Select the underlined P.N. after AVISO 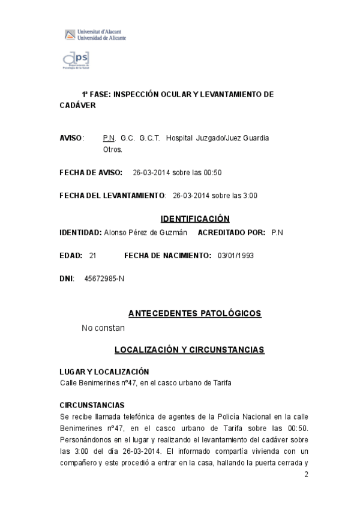[109, 138]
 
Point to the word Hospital [179, 138]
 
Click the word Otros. [113, 149]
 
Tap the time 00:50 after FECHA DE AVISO [212, 173]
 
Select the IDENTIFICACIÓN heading [195, 218]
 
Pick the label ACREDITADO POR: [231, 232]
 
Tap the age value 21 [92, 255]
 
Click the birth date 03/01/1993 [236, 255]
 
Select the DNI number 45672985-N [104, 279]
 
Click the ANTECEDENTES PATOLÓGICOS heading [195, 313]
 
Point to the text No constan [103, 328]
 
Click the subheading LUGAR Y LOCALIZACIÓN [104, 372]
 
